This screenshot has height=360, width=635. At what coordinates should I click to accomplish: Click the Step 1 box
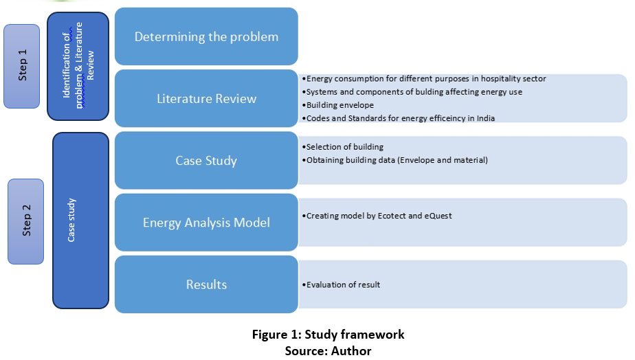(x=22, y=66)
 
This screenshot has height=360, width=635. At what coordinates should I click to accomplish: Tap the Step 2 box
(x=26, y=221)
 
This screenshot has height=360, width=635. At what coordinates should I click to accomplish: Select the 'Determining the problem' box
(x=207, y=36)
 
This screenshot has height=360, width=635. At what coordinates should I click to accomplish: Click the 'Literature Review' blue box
(x=207, y=98)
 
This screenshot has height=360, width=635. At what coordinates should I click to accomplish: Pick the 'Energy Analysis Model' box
(x=207, y=223)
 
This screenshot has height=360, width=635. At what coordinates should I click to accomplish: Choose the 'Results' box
(x=207, y=284)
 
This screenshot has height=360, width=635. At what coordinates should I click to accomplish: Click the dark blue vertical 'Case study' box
(x=80, y=221)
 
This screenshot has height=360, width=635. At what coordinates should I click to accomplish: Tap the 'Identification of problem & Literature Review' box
(x=78, y=66)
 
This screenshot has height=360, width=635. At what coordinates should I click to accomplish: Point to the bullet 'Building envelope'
(x=337, y=105)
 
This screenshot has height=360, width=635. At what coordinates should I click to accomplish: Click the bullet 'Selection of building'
(x=343, y=147)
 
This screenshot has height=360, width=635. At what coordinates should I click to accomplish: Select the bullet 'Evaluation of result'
(x=341, y=284)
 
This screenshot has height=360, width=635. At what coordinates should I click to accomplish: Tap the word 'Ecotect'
(x=392, y=216)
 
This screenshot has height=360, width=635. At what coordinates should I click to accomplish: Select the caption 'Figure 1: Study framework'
(x=328, y=335)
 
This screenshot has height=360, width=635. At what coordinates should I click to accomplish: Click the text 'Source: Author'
(x=328, y=350)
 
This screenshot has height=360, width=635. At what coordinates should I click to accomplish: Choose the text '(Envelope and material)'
(x=443, y=160)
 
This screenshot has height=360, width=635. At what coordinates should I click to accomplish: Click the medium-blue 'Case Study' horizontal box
(x=207, y=160)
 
